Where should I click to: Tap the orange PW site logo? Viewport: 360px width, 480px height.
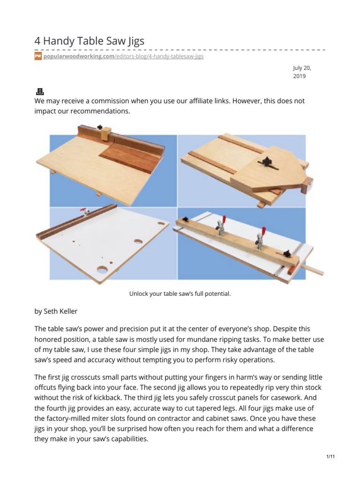click(x=38, y=56)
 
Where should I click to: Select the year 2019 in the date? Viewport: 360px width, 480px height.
click(x=299, y=76)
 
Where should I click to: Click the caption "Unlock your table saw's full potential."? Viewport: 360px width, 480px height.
click(x=180, y=294)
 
